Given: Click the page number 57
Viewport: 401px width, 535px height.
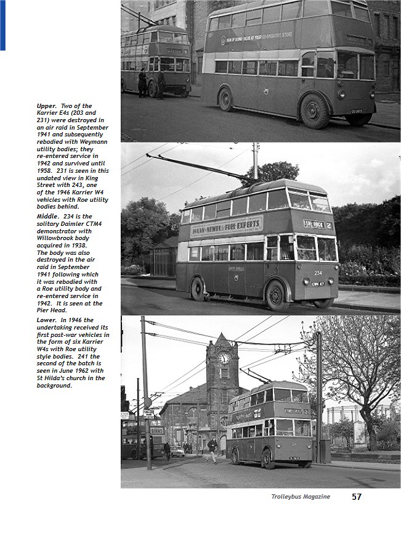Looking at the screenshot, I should [357, 496].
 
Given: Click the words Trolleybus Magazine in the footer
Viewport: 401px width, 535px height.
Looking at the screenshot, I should [301, 497].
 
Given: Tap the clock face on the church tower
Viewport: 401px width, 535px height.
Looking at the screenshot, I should [224, 358].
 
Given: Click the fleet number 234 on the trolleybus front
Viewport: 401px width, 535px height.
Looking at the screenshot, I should [318, 272].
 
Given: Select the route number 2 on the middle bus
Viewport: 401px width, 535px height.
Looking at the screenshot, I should [329, 225].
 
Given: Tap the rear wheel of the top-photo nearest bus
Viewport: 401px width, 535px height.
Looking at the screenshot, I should [226, 99].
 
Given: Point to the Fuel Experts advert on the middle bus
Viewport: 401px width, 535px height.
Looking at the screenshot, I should [227, 227].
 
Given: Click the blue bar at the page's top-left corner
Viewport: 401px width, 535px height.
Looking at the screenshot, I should [2, 25].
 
